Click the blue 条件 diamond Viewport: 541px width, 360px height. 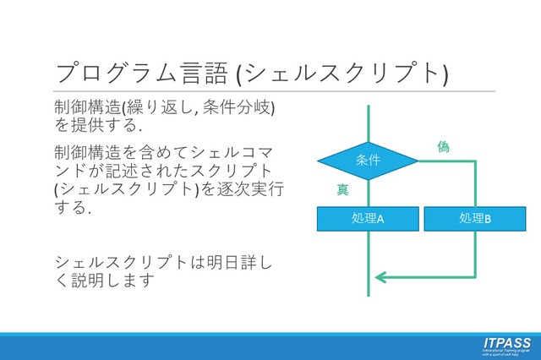point(368,161)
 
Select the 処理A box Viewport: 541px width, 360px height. point(368,218)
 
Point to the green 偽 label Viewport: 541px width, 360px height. point(443,147)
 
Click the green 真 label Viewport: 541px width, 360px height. point(342,190)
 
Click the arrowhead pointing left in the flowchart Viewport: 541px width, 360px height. point(380,276)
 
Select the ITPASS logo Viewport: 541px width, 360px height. point(506,342)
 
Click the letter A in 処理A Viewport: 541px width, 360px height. point(380,219)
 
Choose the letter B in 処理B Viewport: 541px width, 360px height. point(488,219)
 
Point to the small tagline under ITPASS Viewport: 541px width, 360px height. point(506,352)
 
